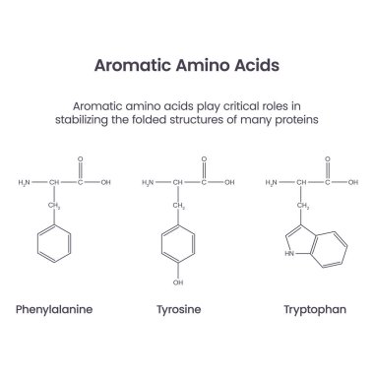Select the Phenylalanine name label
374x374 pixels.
(54, 308)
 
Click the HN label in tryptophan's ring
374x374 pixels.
(286, 252)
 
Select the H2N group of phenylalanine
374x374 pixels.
(26, 182)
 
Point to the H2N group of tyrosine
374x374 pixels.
(149, 182)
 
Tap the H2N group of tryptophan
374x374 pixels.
(276, 182)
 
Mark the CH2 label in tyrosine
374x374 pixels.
(181, 206)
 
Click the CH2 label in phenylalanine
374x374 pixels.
(55, 206)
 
